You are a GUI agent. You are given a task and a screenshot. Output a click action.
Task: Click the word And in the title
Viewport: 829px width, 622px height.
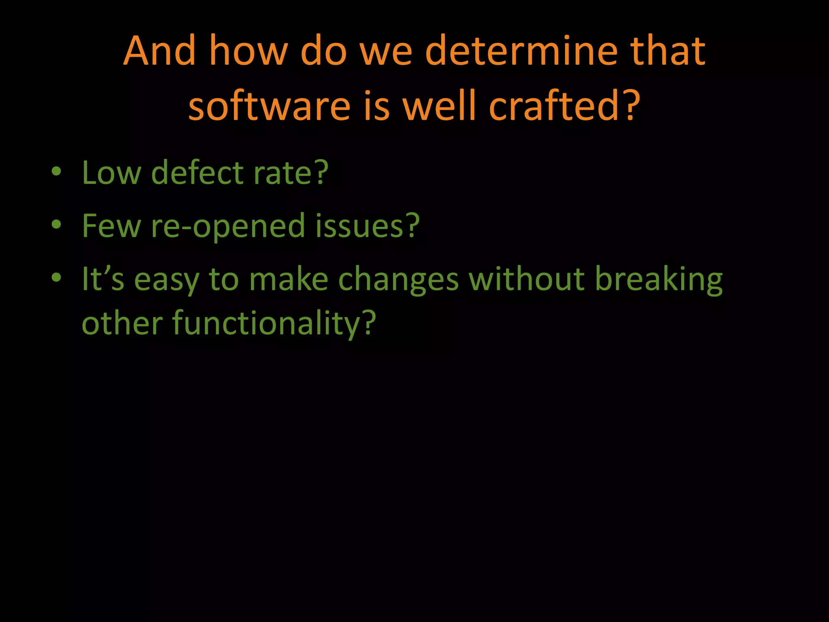pyautogui.click(x=159, y=51)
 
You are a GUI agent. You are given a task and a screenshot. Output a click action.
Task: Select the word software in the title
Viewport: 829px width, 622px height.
pyautogui.click(x=269, y=106)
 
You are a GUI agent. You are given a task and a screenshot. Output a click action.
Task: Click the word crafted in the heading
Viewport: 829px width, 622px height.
pyautogui.click(x=554, y=106)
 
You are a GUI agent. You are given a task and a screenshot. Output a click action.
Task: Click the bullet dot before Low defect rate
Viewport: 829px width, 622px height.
pyautogui.click(x=56, y=171)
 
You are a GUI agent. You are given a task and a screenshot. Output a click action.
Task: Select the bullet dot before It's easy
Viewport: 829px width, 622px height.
pyautogui.click(x=56, y=278)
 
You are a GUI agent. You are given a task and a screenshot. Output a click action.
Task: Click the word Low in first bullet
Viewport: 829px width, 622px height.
pyautogui.click(x=111, y=173)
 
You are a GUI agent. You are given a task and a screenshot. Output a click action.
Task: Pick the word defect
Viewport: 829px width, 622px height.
pyautogui.click(x=197, y=173)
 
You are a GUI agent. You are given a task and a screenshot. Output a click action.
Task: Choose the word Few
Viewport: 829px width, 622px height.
pyautogui.click(x=111, y=226)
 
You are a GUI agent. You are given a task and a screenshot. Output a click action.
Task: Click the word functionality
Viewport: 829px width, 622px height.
pyautogui.click(x=267, y=324)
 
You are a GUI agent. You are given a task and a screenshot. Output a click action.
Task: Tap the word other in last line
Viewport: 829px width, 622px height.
pyautogui.click(x=122, y=324)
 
